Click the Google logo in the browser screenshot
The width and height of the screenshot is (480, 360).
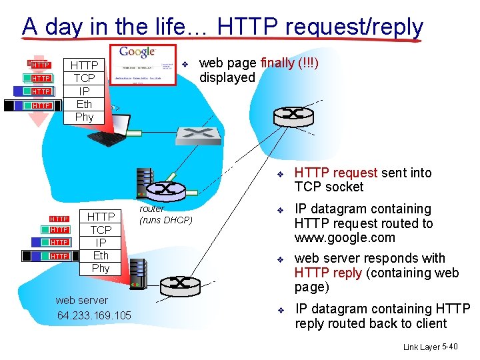point(137,51)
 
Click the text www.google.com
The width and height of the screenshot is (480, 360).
point(345,238)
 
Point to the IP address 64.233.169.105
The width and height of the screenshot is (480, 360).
point(94,315)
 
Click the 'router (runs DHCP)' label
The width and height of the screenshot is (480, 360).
point(165,214)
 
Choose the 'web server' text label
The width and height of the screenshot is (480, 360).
point(81,300)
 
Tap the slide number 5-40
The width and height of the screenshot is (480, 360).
point(449,347)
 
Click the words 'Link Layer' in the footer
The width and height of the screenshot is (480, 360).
point(421,347)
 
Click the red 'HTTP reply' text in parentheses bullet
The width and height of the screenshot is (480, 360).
point(329,273)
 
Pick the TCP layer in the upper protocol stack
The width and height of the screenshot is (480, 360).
point(84,78)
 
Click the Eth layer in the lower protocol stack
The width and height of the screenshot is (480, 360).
point(101,255)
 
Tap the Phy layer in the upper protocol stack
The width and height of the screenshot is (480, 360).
point(84,117)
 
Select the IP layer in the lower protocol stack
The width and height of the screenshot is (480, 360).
point(101,243)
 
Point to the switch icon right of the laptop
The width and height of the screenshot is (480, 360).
point(199,134)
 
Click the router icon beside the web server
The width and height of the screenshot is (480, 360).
point(180,283)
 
